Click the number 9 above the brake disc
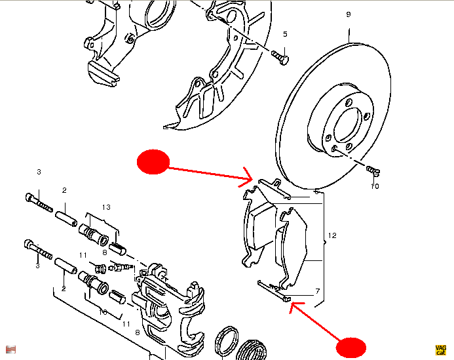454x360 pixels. pyautogui.click(x=348, y=14)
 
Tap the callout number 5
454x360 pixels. pyautogui.click(x=285, y=34)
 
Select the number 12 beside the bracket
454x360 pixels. pyautogui.click(x=332, y=235)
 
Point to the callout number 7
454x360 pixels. pyautogui.click(x=317, y=290)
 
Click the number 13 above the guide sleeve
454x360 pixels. pyautogui.click(x=106, y=207)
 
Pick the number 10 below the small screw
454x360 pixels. pyautogui.click(x=375, y=186)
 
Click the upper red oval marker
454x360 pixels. pyautogui.click(x=153, y=161)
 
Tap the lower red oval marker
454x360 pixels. pyautogui.click(x=351, y=348)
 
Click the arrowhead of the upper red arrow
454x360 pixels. pyautogui.click(x=250, y=177)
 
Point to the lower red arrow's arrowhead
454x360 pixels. pyautogui.click(x=293, y=304)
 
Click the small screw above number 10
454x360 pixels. pyautogui.click(x=373, y=170)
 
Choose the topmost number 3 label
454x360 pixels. pyautogui.click(x=39, y=172)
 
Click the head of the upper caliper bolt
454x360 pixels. pyautogui.click(x=29, y=197)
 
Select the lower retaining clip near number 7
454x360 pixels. pyautogui.click(x=273, y=289)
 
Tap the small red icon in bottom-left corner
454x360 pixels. pyautogui.click(x=11, y=348)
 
